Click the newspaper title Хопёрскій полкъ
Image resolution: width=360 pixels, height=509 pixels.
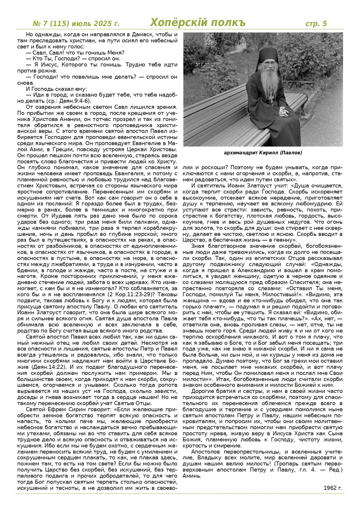(198, 23)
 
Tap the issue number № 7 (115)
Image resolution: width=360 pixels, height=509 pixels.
(51, 24)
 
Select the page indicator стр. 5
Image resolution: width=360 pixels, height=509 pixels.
(316, 24)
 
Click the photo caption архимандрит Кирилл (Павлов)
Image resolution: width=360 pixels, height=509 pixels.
(263, 153)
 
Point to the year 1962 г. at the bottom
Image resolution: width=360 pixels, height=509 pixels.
(333, 488)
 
